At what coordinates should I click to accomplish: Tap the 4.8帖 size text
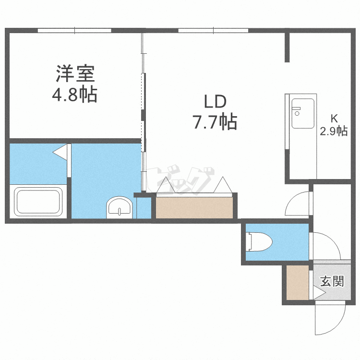point(74,95)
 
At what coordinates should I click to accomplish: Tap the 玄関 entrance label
point(332,281)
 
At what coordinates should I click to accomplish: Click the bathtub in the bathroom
point(38,202)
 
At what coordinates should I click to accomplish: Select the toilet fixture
point(258,241)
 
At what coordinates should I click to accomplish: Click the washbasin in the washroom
point(118,207)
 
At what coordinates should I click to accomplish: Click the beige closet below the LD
point(195,207)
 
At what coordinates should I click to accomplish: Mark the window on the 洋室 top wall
point(74,31)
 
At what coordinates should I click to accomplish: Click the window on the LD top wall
point(213,31)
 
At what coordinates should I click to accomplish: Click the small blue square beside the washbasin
point(143,207)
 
